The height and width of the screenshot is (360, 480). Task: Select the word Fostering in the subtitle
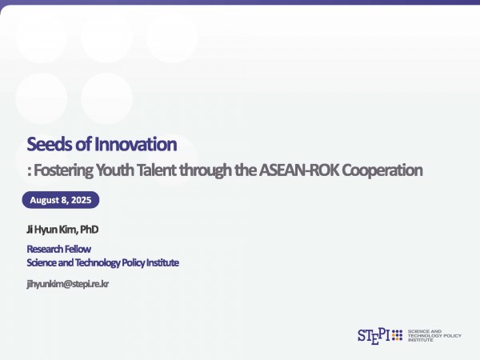point(63,170)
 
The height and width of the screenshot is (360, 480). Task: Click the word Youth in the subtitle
point(114,170)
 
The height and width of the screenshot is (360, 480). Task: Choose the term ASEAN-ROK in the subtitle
point(299,170)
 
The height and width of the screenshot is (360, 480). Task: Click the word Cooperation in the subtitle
point(382,170)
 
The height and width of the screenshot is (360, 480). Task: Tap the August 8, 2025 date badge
point(61,200)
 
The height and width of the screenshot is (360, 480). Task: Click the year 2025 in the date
point(81,200)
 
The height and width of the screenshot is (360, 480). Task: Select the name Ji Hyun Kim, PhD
point(62,230)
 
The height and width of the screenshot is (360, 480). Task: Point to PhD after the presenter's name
point(89,230)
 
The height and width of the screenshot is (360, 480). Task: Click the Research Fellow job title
point(58,249)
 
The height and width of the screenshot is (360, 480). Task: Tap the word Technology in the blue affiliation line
point(98,262)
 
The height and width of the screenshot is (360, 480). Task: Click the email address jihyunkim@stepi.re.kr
point(68,284)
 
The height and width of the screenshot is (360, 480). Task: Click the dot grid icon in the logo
point(397,335)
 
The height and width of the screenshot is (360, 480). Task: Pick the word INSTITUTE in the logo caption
point(420,340)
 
